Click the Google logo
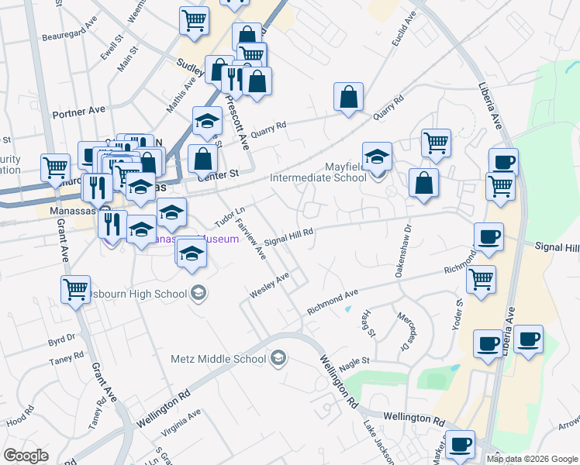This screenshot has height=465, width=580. pyautogui.click(x=26, y=455)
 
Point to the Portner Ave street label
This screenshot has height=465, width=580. pyautogui.click(x=78, y=112)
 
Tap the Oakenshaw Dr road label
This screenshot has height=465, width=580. pyautogui.click(x=403, y=240)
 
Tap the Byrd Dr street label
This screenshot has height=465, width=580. pyautogui.click(x=61, y=339)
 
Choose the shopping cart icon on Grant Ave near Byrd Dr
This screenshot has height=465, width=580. pyautogui.click(x=76, y=290)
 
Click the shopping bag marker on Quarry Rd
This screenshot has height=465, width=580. pyautogui.click(x=349, y=97)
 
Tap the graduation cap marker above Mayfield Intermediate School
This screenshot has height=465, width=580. pyautogui.click(x=377, y=155)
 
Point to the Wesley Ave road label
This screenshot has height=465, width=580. pyautogui.click(x=269, y=285)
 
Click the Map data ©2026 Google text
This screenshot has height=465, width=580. pyautogui.click(x=532, y=459)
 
